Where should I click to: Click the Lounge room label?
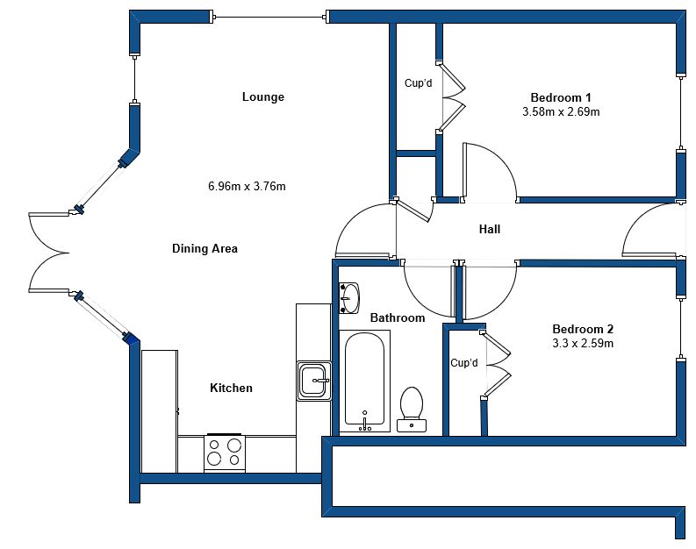263,96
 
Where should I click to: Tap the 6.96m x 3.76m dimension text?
247,186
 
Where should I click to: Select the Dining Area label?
204,248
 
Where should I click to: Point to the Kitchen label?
231,388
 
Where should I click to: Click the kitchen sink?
314,381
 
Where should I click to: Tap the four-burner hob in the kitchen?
225,453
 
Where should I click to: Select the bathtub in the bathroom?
364,381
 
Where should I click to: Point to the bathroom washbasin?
349,298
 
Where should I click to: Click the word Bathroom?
398,318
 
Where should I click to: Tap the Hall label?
490,229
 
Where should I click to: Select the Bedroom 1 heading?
561,97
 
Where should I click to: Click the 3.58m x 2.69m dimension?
561,111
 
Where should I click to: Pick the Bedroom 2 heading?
583,329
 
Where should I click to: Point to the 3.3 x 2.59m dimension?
583,343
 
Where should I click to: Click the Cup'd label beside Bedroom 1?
418,83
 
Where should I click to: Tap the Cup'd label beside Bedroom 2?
463,363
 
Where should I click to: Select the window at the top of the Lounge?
269,18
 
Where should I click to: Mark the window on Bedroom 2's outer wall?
680,329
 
